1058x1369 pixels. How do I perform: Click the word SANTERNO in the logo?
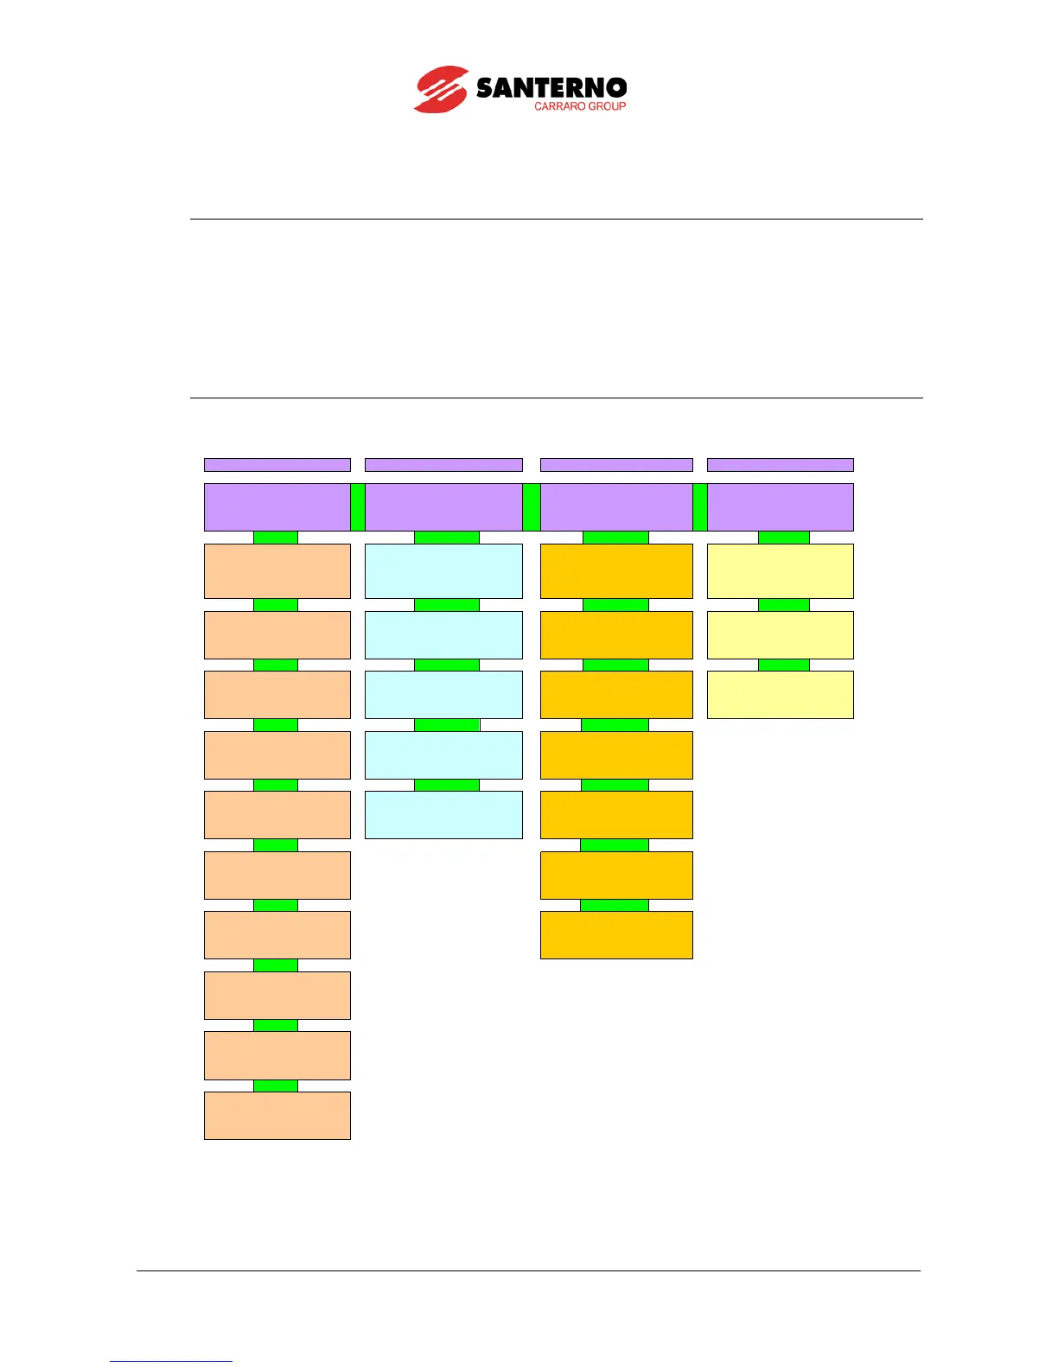[x=551, y=87]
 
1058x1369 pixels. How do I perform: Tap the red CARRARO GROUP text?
[x=579, y=106]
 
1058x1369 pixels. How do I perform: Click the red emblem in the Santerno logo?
[x=442, y=89]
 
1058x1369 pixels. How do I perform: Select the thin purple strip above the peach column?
[x=277, y=465]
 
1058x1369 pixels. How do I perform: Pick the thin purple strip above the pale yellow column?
[x=780, y=465]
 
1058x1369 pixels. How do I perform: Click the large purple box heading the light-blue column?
[x=443, y=507]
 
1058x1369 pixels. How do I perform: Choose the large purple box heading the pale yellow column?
[x=780, y=507]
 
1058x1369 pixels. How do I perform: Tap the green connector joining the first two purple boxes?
[x=358, y=507]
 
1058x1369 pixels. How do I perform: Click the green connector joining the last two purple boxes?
[x=700, y=507]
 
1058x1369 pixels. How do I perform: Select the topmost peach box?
[x=277, y=570]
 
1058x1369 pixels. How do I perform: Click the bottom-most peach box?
[x=277, y=1115]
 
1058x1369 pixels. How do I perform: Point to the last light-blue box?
[x=443, y=814]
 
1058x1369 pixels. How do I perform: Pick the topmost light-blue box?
[x=443, y=570]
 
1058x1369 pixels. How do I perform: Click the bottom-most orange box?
[x=616, y=934]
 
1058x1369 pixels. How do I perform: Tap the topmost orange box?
[x=616, y=570]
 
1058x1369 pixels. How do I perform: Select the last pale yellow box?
[x=780, y=694]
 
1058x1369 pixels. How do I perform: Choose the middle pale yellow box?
[x=780, y=634]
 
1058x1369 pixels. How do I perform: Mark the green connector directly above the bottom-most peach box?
[x=275, y=1086]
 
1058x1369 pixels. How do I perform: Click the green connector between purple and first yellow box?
[x=783, y=538]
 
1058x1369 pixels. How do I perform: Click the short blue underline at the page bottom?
[x=171, y=1361]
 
